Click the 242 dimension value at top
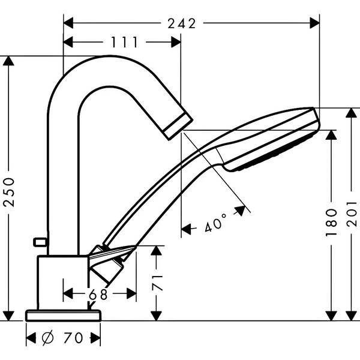[182, 23]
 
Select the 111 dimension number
[124, 42]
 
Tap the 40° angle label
[215, 224]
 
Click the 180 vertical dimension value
[332, 223]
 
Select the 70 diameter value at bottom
[73, 338]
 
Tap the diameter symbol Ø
[49, 338]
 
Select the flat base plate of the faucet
[63, 315]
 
